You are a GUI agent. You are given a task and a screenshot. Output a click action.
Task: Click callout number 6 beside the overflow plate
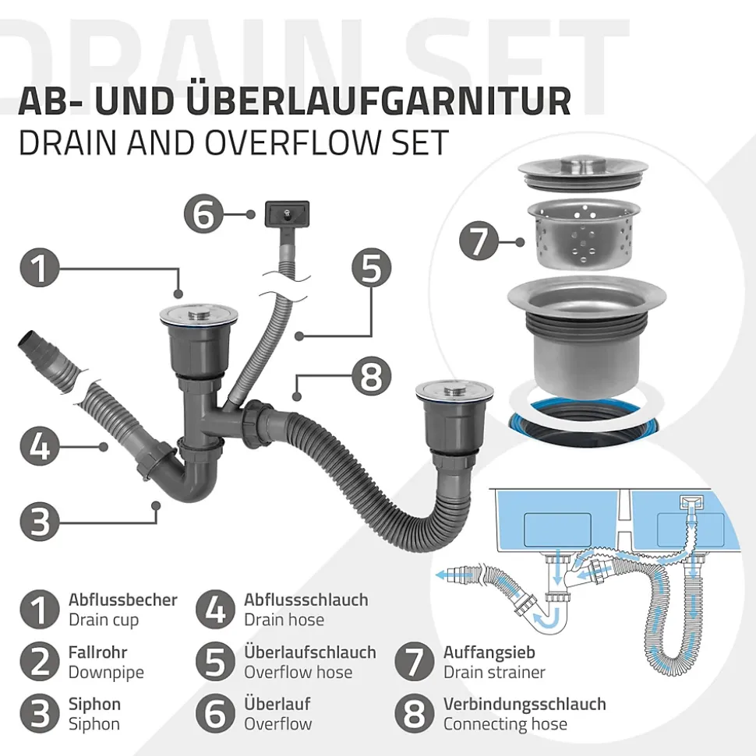tap(203, 215)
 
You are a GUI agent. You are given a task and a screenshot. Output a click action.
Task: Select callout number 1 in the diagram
tap(40, 268)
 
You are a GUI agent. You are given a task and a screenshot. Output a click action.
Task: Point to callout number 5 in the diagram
tap(371, 268)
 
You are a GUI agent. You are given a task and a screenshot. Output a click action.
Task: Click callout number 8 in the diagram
tap(371, 377)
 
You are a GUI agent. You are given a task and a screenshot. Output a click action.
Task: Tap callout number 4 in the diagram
tap(40, 446)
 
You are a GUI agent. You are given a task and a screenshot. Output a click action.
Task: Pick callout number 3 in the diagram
tap(40, 521)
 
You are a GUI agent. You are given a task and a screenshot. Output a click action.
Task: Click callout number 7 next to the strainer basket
tap(479, 241)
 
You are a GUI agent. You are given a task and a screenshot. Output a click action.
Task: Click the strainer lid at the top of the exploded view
tap(583, 172)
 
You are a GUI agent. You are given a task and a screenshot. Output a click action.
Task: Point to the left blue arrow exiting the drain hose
tap(453, 575)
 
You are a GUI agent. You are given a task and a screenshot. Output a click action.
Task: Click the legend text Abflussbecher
tap(122, 600)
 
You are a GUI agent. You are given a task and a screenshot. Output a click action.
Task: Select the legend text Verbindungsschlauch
tap(525, 704)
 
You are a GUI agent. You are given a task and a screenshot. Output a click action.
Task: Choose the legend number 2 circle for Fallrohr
tap(40, 662)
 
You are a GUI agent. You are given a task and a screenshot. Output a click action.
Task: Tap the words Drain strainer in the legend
tap(494, 672)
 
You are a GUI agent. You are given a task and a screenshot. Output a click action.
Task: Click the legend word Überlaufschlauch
tap(310, 652)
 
